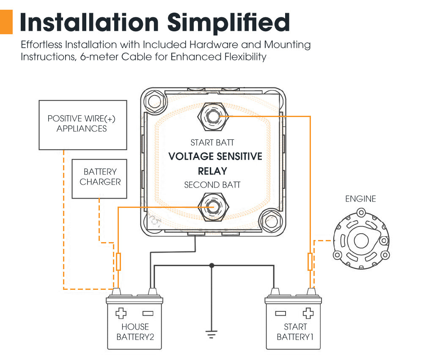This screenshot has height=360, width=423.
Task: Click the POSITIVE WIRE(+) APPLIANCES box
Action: [x=82, y=124]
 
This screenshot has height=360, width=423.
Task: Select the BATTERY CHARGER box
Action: [x=99, y=178]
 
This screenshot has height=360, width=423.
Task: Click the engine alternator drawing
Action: [x=361, y=241]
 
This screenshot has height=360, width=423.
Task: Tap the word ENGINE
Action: [x=360, y=199]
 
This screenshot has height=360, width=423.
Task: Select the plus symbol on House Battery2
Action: [x=121, y=313]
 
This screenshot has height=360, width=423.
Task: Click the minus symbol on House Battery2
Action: [x=148, y=313]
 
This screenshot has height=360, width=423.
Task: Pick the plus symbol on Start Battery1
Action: [x=308, y=313]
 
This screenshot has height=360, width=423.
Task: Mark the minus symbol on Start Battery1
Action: [x=280, y=313]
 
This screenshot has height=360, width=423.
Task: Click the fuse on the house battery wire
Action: [x=118, y=262]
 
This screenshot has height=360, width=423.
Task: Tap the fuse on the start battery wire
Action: [x=310, y=262]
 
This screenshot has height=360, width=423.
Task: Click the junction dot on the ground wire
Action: [x=212, y=265]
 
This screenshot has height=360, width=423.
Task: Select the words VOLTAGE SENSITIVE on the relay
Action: [x=215, y=156]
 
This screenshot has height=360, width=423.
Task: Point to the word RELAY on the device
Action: [x=212, y=171]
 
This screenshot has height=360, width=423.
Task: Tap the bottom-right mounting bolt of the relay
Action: [x=269, y=220]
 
